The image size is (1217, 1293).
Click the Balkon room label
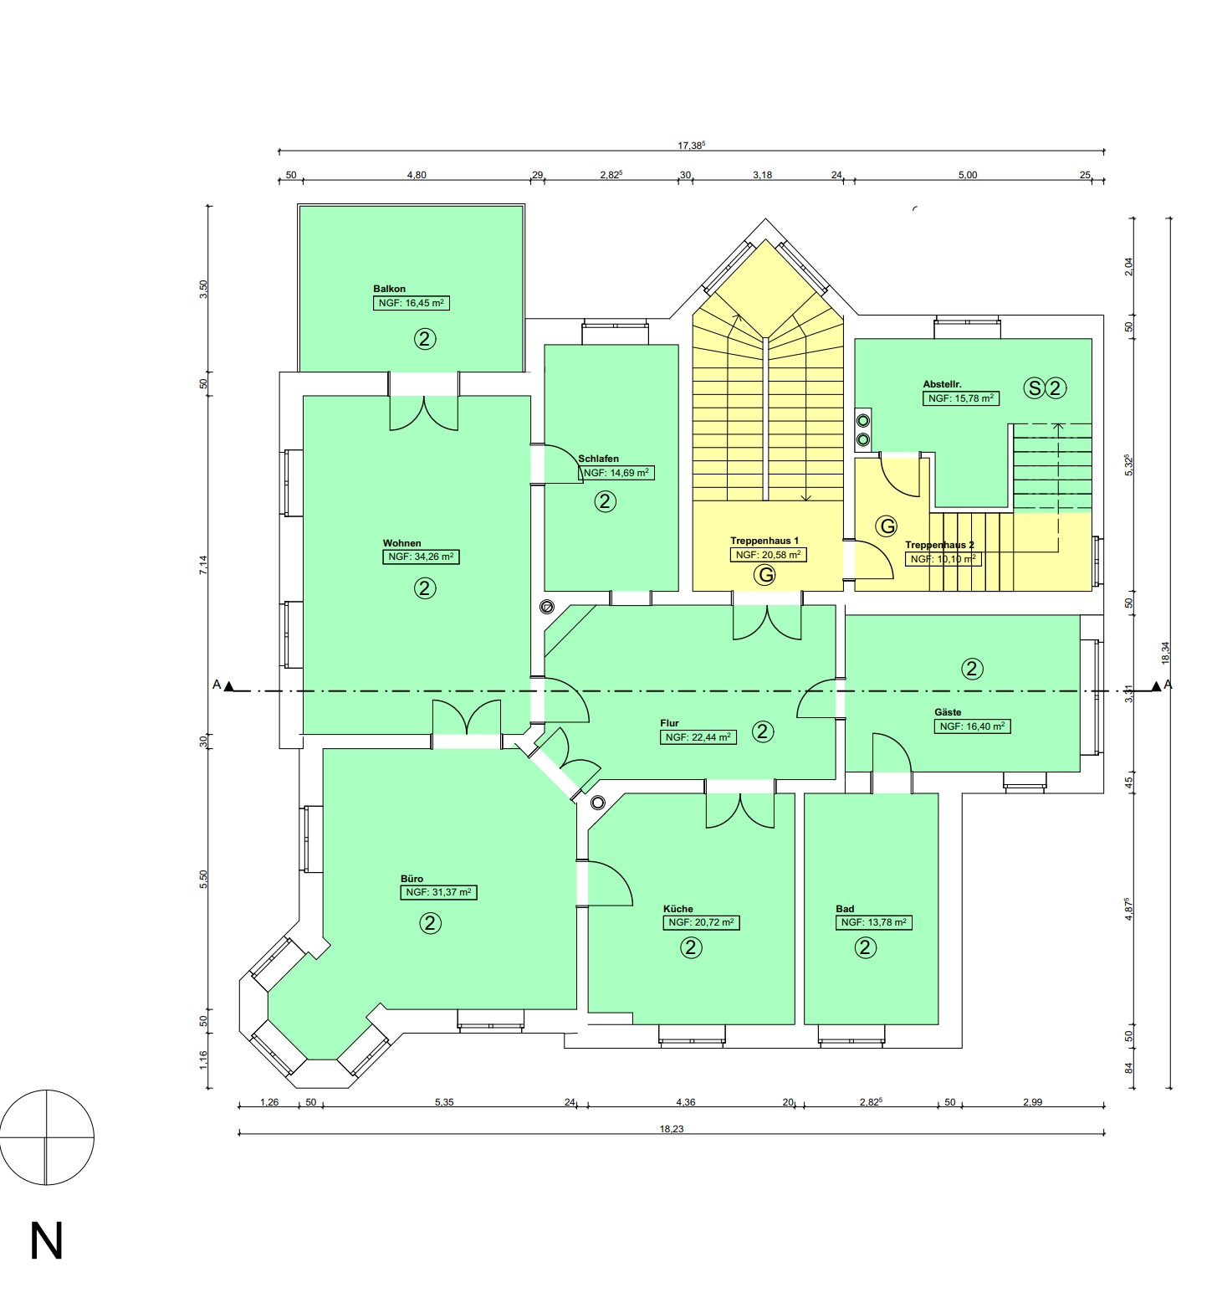click(x=389, y=289)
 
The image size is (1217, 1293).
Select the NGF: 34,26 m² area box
click(x=421, y=557)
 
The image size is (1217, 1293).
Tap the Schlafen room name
click(x=599, y=459)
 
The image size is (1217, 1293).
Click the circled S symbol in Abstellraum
click(x=1035, y=388)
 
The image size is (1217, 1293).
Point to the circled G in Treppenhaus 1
click(x=764, y=575)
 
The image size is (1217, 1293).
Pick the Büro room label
click(x=412, y=879)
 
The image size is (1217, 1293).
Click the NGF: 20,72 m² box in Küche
click(x=702, y=922)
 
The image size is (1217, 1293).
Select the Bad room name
click(x=845, y=909)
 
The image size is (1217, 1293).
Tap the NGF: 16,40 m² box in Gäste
click(x=973, y=726)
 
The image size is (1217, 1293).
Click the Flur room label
click(x=669, y=723)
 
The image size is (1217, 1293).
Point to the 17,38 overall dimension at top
click(x=692, y=145)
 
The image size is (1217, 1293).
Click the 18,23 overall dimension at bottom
click(x=672, y=1129)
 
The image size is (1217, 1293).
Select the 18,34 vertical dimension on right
click(x=1166, y=653)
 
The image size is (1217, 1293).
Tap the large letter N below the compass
click(x=47, y=1241)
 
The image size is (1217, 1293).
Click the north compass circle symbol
click(x=47, y=1137)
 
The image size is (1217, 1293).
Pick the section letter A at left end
click(x=217, y=685)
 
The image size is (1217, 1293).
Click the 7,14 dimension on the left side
click(x=203, y=565)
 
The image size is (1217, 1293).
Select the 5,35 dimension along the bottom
click(x=444, y=1102)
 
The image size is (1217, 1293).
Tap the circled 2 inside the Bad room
click(x=866, y=947)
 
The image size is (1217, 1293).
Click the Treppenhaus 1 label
click(x=764, y=541)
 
